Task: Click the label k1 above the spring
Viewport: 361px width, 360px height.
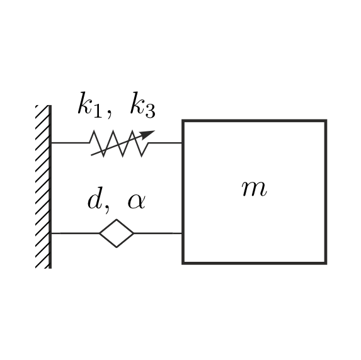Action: pyautogui.click(x=90, y=104)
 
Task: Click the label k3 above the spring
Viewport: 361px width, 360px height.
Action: pyautogui.click(x=143, y=104)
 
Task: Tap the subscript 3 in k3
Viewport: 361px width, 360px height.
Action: pyautogui.click(x=150, y=111)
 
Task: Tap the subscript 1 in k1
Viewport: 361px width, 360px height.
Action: pyautogui.click(x=98, y=111)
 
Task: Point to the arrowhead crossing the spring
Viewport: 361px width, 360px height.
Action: pyautogui.click(x=148, y=134)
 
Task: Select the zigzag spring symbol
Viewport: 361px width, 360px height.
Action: pyautogui.click(x=119, y=143)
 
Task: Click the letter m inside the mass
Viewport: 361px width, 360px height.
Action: pyautogui.click(x=255, y=188)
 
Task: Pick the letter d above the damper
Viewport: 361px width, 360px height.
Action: pyautogui.click(x=95, y=198)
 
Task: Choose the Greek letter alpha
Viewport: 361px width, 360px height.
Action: pyautogui.click(x=137, y=201)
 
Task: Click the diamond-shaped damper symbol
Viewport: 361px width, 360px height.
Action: pyautogui.click(x=117, y=233)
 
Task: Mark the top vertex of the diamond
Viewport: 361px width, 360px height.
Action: pyautogui.click(x=117, y=220)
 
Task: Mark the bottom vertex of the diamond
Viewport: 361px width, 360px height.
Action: pyautogui.click(x=117, y=247)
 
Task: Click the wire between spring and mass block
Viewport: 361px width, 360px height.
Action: pyautogui.click(x=165, y=143)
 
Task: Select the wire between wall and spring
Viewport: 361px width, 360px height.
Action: pyautogui.click(x=70, y=143)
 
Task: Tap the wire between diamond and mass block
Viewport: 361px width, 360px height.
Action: pyautogui.click(x=158, y=233)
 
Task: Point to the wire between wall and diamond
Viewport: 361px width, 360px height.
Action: pyautogui.click(x=75, y=233)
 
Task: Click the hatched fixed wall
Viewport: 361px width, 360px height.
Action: pyautogui.click(x=43, y=187)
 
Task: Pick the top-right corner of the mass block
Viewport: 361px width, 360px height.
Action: pyautogui.click(x=326, y=121)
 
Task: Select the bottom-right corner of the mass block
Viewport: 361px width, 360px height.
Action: pyautogui.click(x=326, y=263)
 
